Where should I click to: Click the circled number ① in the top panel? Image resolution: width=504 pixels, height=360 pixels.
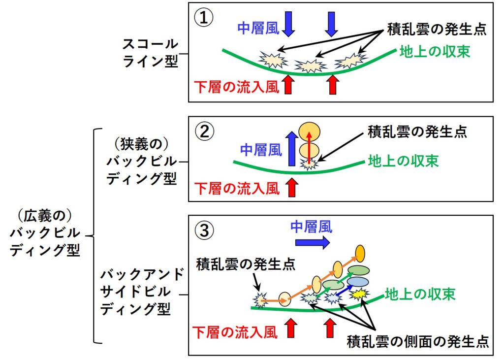tap(203, 18)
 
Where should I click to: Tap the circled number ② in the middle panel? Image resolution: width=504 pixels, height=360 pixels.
tap(204, 131)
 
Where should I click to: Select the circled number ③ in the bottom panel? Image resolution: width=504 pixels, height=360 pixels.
tap(204, 230)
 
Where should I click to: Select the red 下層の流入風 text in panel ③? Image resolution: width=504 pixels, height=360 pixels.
tap(235, 332)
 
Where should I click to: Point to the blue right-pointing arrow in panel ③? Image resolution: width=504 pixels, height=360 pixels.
tap(313, 242)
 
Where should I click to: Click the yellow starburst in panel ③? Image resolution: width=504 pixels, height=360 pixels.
tap(359, 294)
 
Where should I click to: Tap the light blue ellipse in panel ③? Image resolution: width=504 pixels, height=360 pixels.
tap(358, 281)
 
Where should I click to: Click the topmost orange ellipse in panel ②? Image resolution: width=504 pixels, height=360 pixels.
tap(310, 131)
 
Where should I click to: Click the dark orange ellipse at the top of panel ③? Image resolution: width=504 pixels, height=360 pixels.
tap(360, 253)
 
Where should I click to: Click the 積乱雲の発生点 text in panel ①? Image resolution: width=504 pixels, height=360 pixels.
tap(436, 29)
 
